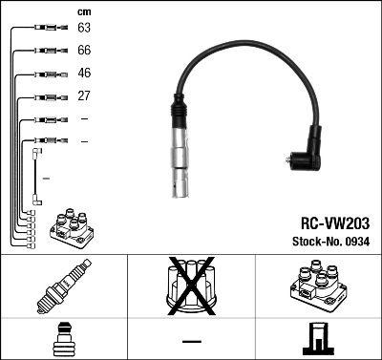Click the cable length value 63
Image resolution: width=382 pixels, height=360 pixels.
click(84, 29)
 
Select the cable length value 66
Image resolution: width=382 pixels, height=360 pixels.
click(84, 51)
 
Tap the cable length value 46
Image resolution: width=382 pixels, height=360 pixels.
click(84, 74)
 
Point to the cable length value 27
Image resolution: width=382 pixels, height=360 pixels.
click(84, 96)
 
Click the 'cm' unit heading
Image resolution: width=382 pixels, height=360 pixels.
click(83, 11)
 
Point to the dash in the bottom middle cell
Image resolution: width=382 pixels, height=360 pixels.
click(191, 340)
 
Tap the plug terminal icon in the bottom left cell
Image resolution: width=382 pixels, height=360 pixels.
click(63, 338)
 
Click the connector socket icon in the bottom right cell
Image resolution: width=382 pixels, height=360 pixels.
click(317, 338)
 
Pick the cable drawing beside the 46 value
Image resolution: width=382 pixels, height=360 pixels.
click(47, 74)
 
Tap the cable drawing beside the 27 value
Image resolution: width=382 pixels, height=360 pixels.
click(47, 96)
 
